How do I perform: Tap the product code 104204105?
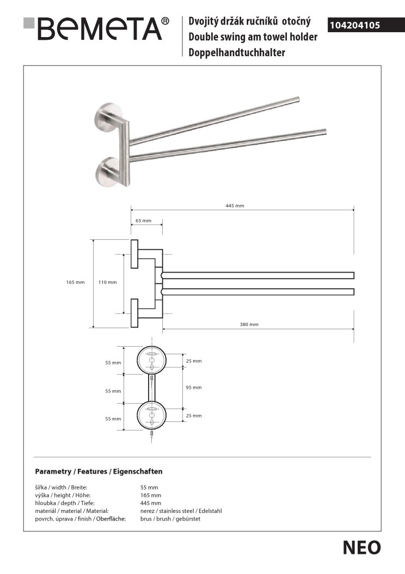click(x=354, y=25)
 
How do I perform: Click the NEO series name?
click(x=361, y=548)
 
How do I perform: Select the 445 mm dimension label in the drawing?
click(x=235, y=205)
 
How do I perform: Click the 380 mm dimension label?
click(x=249, y=324)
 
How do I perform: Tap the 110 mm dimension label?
click(x=107, y=282)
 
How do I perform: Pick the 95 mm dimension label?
click(x=193, y=388)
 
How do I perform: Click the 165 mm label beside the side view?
click(x=75, y=282)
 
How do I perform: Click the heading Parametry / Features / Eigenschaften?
click(x=99, y=471)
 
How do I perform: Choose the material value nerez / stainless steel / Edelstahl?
click(x=181, y=511)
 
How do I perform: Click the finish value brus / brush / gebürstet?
click(x=171, y=519)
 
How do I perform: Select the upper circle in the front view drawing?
click(x=152, y=360)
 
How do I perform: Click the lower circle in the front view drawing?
click(x=152, y=416)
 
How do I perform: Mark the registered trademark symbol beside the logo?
click(x=165, y=22)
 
